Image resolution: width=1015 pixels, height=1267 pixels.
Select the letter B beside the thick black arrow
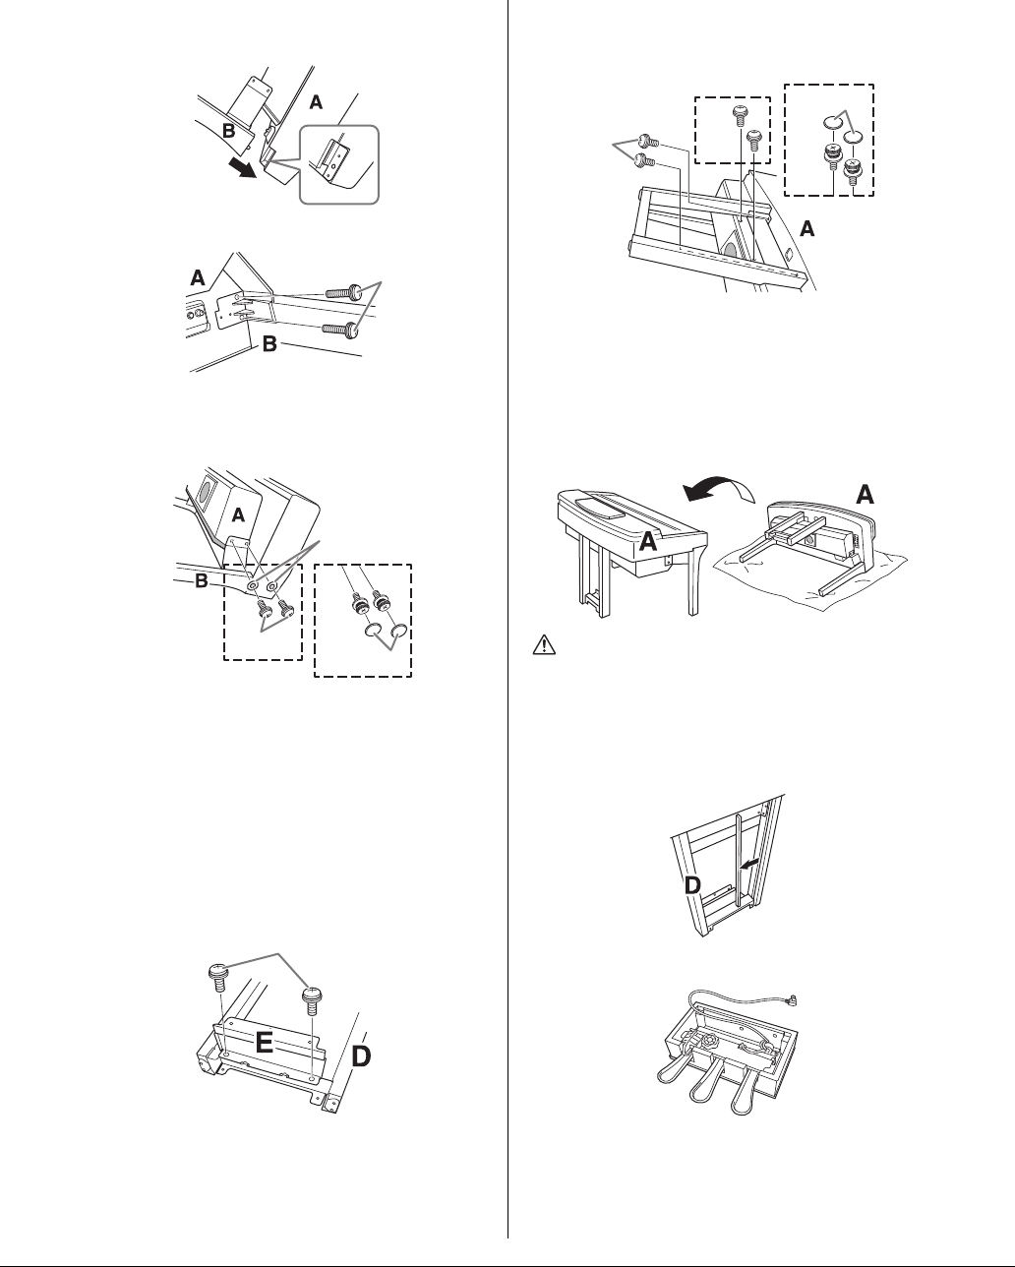[228, 128]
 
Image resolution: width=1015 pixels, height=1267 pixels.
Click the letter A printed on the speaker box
[238, 514]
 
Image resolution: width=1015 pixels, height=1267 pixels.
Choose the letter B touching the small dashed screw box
[203, 581]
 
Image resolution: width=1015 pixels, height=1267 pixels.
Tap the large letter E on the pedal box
[265, 1044]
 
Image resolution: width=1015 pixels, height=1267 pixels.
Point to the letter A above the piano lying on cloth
[866, 495]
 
